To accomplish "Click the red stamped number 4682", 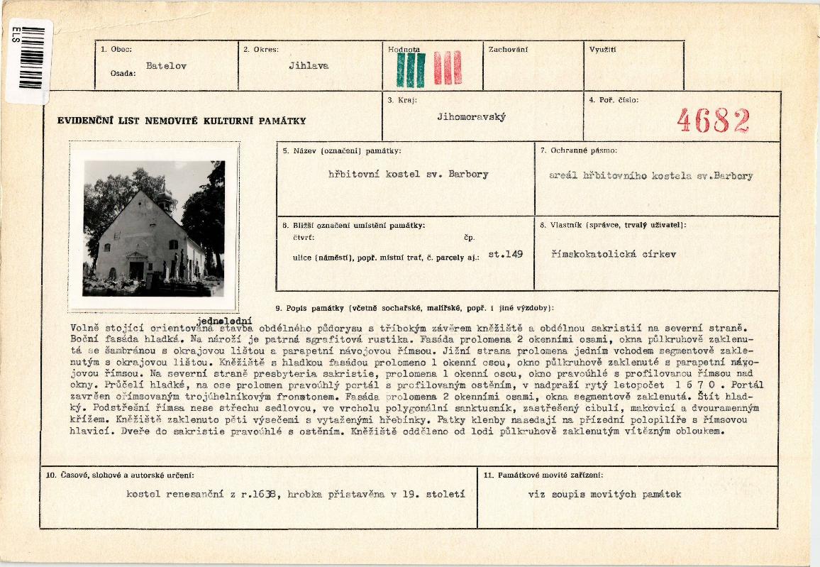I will click(713, 121).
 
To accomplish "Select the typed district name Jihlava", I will click(309, 65).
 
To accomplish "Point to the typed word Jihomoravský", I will click(471, 117).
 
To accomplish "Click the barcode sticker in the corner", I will click(29, 61).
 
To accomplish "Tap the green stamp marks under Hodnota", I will click(411, 69).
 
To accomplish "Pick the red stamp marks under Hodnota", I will click(448, 68).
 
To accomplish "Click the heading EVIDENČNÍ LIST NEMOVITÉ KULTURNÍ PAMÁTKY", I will click(182, 121).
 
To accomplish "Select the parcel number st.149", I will click(506, 253).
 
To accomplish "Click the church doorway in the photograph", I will click(136, 270).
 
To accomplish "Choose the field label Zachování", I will click(508, 50).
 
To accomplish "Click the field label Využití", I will click(602, 50).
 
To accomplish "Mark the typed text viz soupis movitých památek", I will click(604, 494).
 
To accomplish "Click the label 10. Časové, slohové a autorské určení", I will click(120, 474).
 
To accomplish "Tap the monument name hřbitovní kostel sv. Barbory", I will click(408, 175).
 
